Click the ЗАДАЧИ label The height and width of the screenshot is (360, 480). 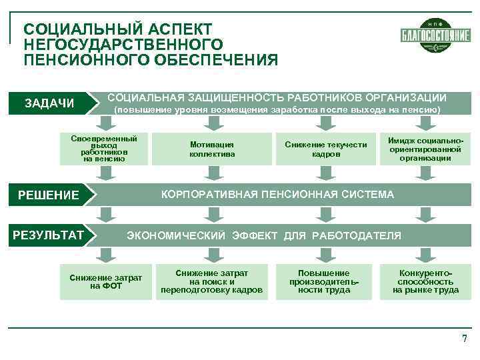click(x=49, y=103)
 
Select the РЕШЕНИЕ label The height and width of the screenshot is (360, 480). click(x=48, y=195)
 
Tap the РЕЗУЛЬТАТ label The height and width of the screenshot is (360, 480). click(x=49, y=235)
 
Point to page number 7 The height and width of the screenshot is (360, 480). click(x=465, y=339)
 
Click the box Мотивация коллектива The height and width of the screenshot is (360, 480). click(x=212, y=149)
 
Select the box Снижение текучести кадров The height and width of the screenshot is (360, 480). click(x=326, y=149)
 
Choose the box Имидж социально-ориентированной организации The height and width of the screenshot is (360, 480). click(x=425, y=149)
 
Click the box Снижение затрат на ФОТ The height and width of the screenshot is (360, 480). click(x=105, y=282)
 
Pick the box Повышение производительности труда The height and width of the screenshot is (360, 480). click(x=324, y=281)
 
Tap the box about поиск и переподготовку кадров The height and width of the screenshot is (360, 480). click(x=212, y=281)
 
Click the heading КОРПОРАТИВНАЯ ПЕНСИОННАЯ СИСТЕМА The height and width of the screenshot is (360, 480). click(x=278, y=195)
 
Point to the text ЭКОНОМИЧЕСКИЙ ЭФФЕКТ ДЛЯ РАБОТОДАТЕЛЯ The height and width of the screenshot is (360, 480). click(x=264, y=235)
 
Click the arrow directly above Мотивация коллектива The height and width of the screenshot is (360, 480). click(x=212, y=123)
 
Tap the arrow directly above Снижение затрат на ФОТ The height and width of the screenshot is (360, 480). click(x=105, y=254)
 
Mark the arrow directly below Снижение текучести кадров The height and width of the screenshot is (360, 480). click(x=326, y=173)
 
